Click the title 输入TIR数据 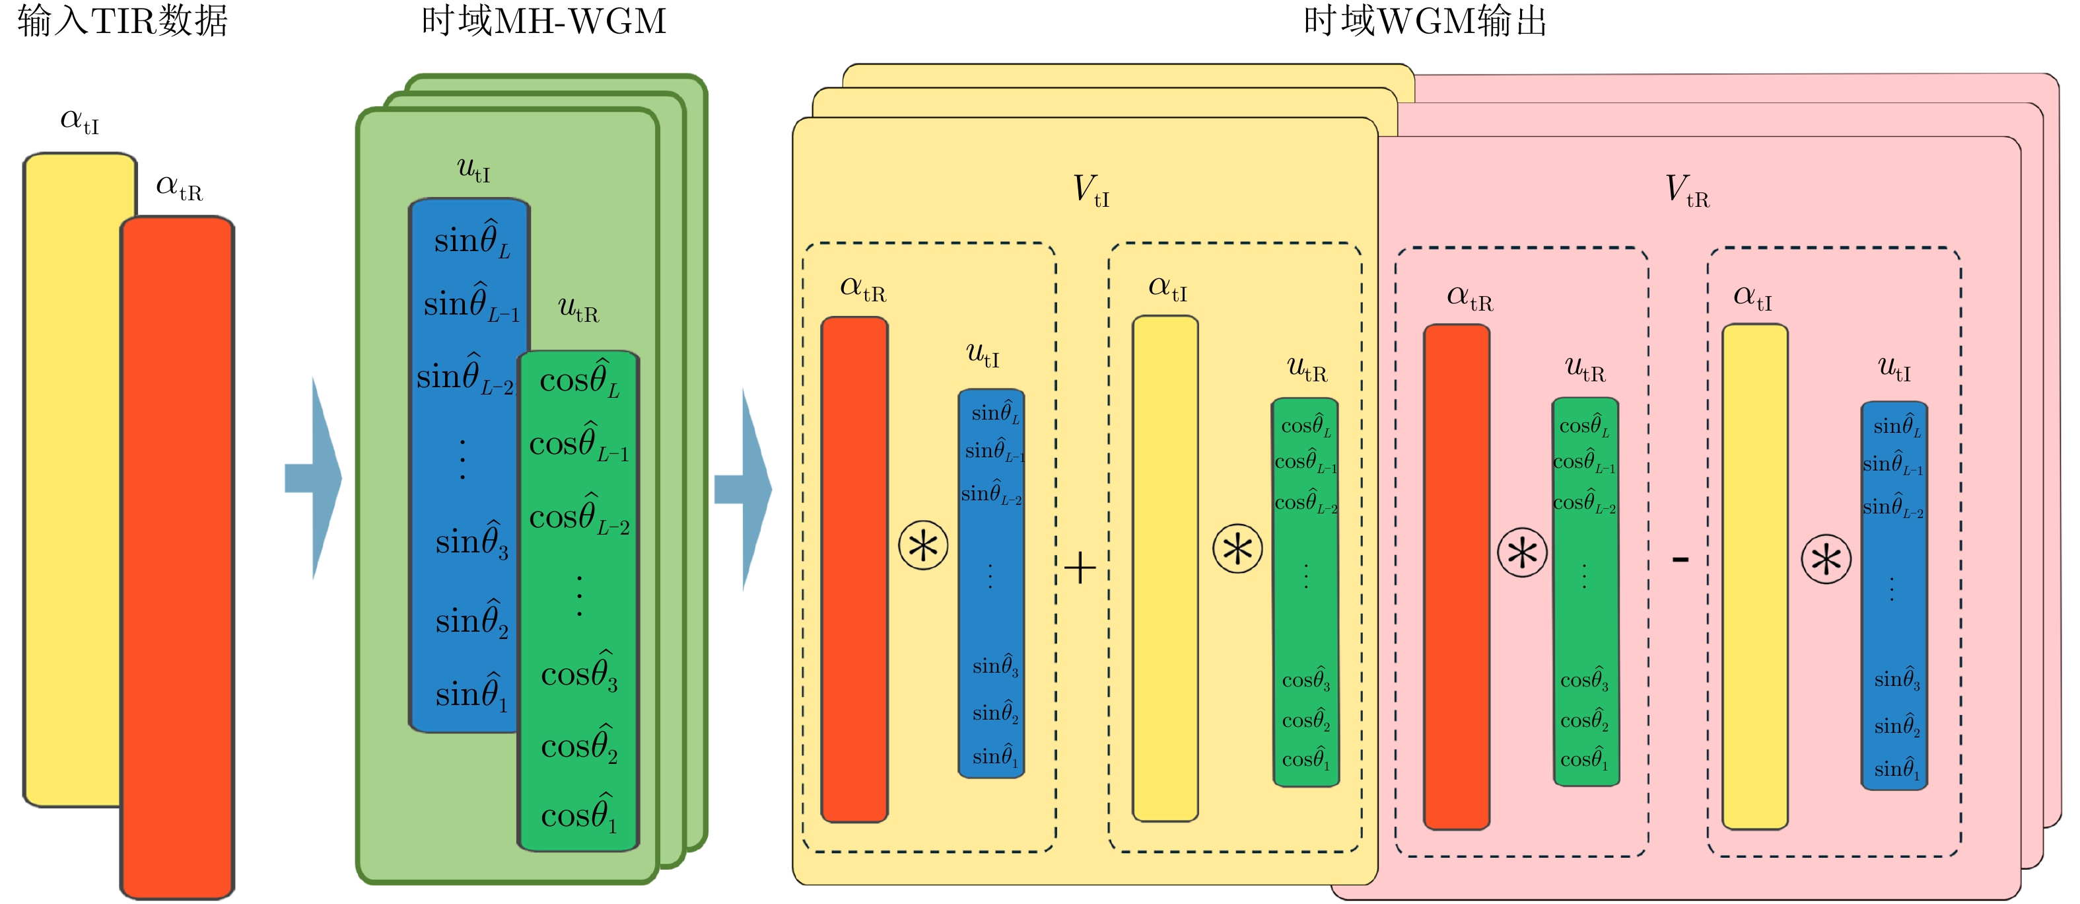click(x=123, y=21)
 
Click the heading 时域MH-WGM click(x=543, y=21)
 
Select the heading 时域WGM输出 click(x=1425, y=21)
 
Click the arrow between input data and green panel click(x=316, y=478)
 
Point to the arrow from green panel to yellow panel click(x=746, y=489)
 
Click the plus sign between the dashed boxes click(x=1080, y=568)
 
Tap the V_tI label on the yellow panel click(x=1091, y=191)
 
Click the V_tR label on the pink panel click(x=1686, y=192)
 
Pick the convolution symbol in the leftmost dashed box click(x=923, y=546)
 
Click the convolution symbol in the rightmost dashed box click(x=1826, y=559)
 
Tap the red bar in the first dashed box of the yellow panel click(x=854, y=570)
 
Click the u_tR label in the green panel click(x=578, y=309)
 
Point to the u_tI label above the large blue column click(x=474, y=170)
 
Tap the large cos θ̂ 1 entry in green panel click(x=579, y=814)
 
